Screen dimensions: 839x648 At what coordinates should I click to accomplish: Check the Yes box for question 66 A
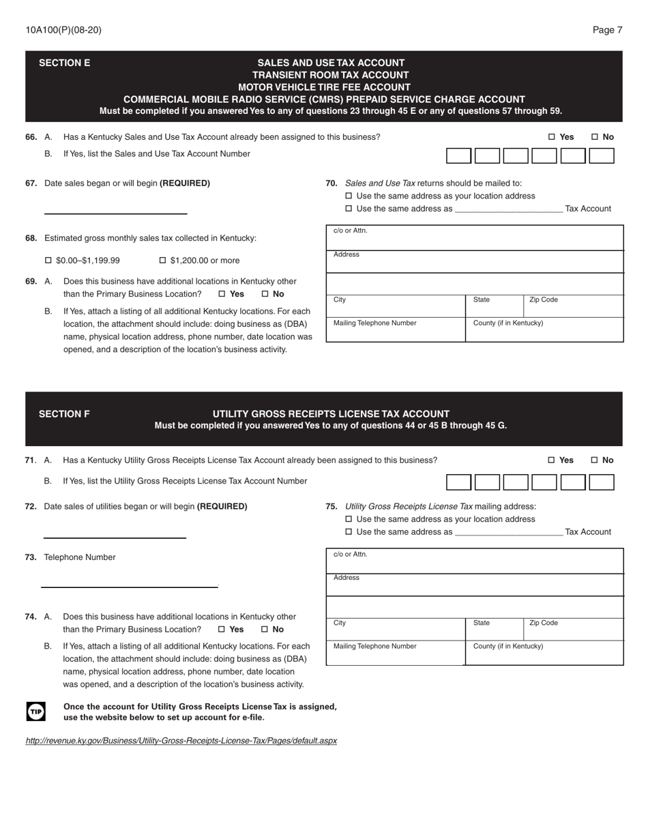[x=552, y=137]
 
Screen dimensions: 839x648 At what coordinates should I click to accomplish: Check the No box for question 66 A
[x=595, y=137]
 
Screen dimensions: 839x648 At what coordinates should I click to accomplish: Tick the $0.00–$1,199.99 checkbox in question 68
[x=48, y=261]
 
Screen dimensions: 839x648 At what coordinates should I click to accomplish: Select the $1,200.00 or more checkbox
[x=163, y=261]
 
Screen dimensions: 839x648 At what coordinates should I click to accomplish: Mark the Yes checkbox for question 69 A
[x=222, y=294]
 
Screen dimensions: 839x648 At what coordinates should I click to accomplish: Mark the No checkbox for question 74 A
[x=265, y=630]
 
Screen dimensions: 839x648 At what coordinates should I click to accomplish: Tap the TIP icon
[x=35, y=711]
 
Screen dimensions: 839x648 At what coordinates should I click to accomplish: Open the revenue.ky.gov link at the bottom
[x=181, y=740]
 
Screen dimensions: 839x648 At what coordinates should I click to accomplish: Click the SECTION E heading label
[x=64, y=63]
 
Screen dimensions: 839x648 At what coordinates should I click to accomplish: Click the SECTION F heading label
[x=64, y=413]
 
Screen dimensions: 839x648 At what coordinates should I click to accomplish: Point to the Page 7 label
[x=607, y=30]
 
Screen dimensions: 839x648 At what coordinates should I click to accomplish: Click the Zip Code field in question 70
[x=573, y=306]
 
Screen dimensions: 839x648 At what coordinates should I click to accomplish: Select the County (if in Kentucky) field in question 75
[x=544, y=653]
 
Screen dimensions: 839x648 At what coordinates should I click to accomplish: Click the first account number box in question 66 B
[x=458, y=156]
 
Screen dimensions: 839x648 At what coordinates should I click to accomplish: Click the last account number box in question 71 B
[x=601, y=482]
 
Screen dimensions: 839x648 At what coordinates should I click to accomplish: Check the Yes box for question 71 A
[x=552, y=460]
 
